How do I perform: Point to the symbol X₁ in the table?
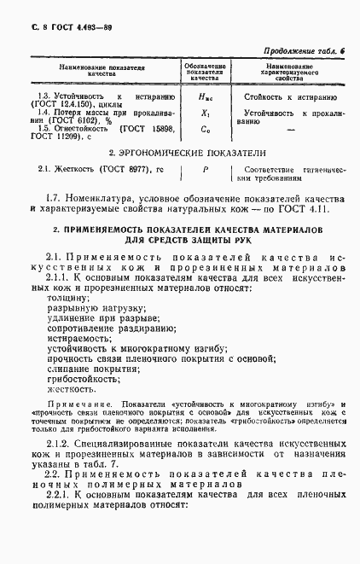205,113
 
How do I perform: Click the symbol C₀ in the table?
205,130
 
